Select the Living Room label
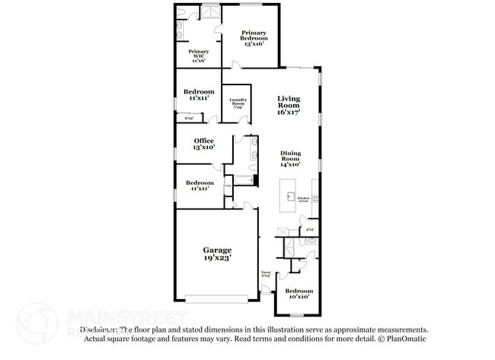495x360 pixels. (288, 102)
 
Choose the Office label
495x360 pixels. (203, 141)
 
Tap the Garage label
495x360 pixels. (217, 250)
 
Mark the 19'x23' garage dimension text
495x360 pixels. (217, 259)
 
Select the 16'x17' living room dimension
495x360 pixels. (288, 112)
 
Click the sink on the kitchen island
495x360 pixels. (289, 196)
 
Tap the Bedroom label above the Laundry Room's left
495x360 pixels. (198, 91)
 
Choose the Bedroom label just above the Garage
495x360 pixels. (200, 183)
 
